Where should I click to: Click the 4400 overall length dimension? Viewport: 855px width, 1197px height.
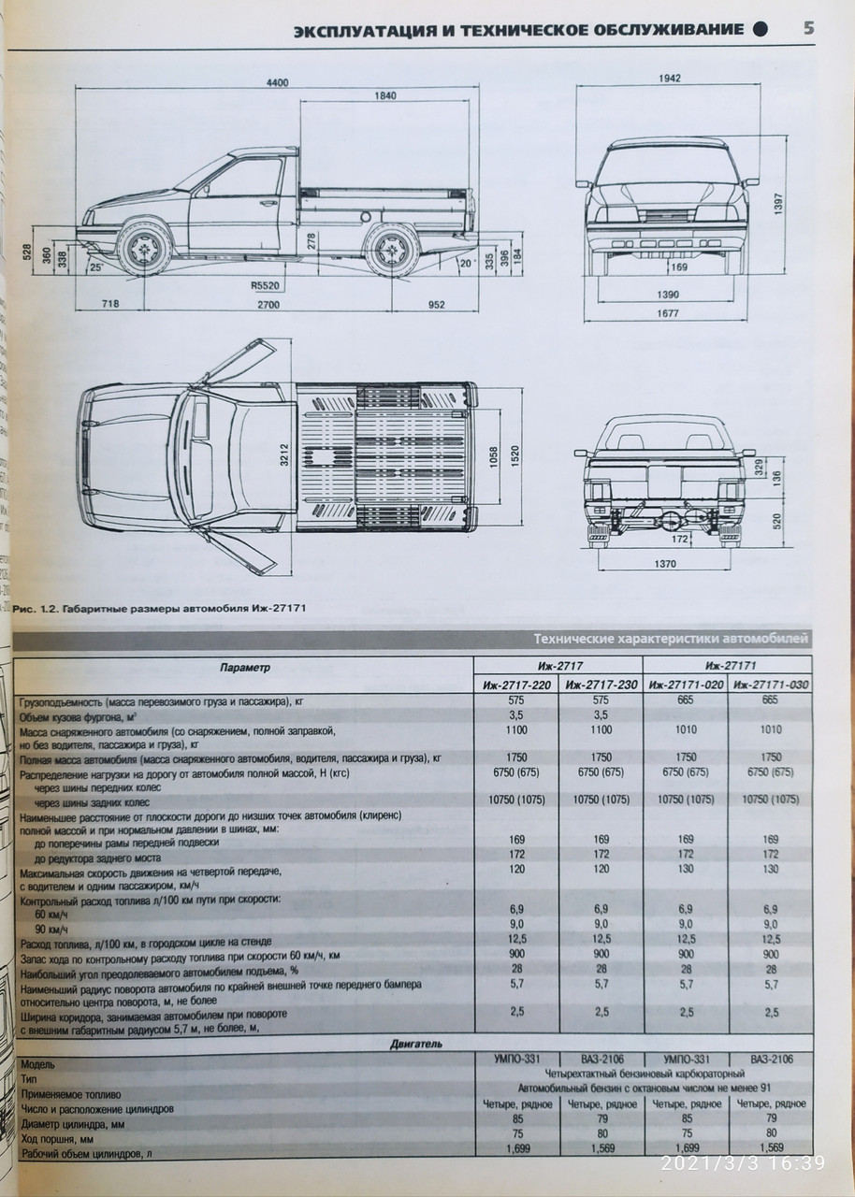[x=276, y=82]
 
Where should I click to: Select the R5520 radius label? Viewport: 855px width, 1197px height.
[x=265, y=285]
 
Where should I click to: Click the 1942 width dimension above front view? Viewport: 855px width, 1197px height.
[x=667, y=79]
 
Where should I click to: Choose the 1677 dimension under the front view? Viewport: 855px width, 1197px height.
[x=666, y=314]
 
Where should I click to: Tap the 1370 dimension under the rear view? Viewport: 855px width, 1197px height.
[x=664, y=565]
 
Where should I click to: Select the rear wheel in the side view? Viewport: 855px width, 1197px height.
[x=390, y=251]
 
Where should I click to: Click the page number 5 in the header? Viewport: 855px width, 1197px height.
[x=807, y=28]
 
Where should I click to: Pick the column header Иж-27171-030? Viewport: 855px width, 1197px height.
[x=772, y=685]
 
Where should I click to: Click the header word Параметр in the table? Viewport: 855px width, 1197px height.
[x=244, y=668]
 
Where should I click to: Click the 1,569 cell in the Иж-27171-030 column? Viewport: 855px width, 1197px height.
[x=772, y=1147]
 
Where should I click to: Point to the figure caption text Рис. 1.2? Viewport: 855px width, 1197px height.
[x=34, y=610]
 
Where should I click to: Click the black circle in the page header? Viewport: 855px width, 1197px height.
[x=762, y=29]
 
